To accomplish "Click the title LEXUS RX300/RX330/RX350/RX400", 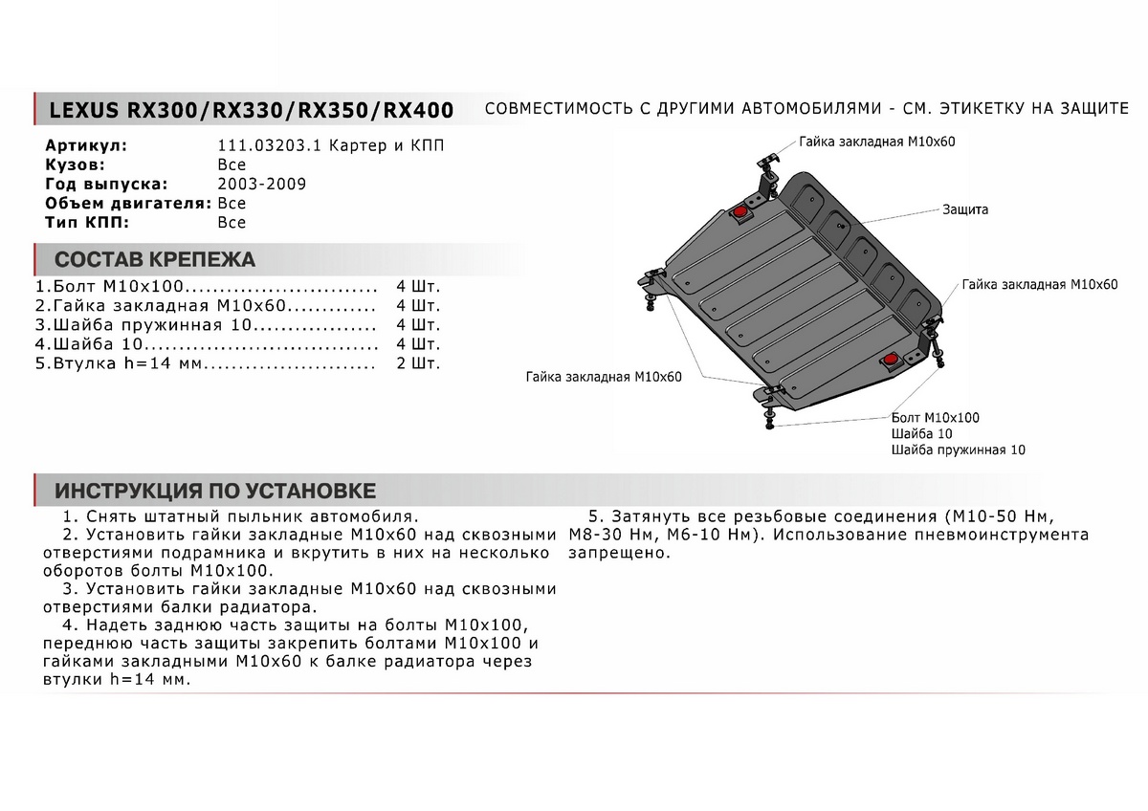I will [x=245, y=110].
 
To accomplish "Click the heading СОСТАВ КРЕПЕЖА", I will [x=155, y=259].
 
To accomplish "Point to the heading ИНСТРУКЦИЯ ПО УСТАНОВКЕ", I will [x=215, y=492].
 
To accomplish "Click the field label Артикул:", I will [x=86, y=146].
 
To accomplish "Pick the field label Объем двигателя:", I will [x=128, y=204].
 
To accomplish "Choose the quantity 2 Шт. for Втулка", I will [x=417, y=364].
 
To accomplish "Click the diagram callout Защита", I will [x=964, y=208].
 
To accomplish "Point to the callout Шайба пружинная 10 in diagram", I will [x=957, y=449].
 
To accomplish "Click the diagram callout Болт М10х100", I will [x=935, y=418].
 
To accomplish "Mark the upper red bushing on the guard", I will [x=741, y=212].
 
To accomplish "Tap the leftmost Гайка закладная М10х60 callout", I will [x=603, y=378].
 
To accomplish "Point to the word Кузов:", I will [x=72, y=165].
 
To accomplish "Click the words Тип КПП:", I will [x=86, y=223].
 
